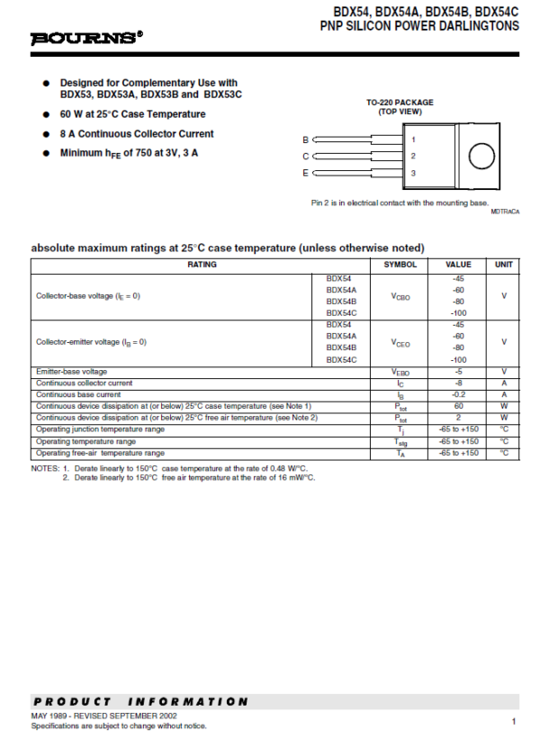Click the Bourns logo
click(x=86, y=38)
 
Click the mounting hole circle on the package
click(x=481, y=156)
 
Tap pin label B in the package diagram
click(x=305, y=140)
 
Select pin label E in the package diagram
click(x=305, y=172)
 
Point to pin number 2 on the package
click(x=413, y=156)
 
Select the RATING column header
click(x=202, y=265)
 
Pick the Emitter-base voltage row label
click(x=71, y=371)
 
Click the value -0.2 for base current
click(x=459, y=394)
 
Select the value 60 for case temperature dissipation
click(x=459, y=406)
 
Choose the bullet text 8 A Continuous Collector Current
click(x=137, y=133)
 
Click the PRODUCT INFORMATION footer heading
click(x=139, y=701)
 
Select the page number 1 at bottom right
click(x=513, y=721)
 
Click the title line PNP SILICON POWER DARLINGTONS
click(x=419, y=26)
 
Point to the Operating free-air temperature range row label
click(x=100, y=453)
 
